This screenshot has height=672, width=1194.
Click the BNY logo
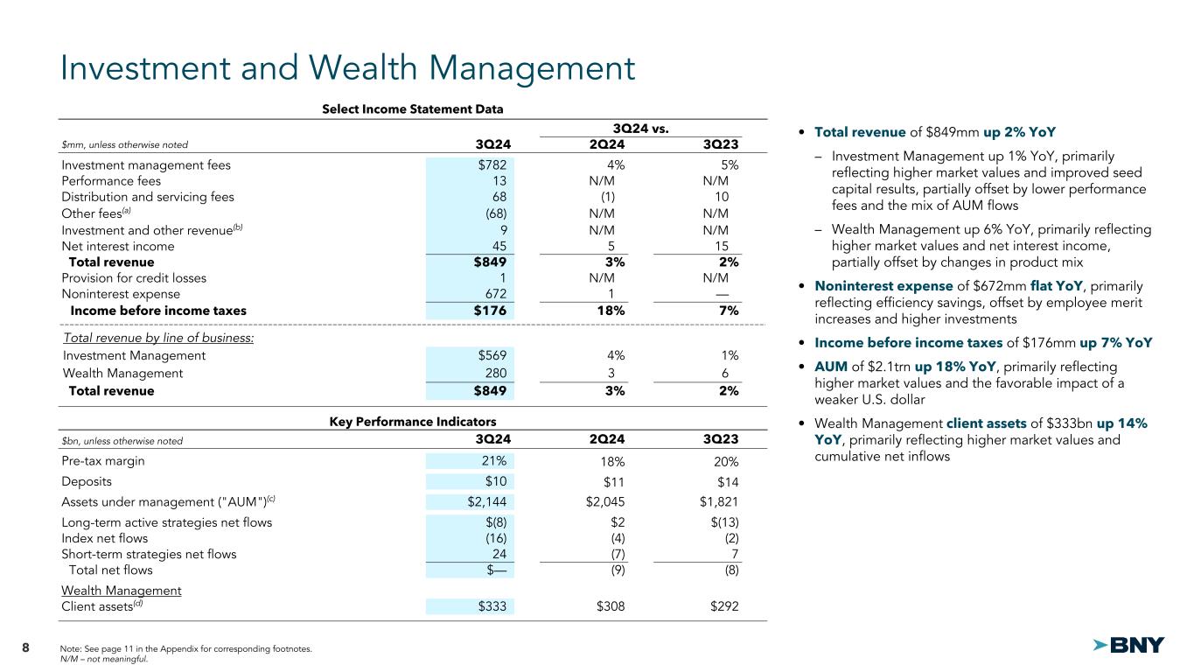point(1129,646)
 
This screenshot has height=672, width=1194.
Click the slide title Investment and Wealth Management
point(347,69)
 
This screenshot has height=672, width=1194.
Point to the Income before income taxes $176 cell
point(489,311)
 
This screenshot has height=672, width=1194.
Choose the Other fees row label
point(94,213)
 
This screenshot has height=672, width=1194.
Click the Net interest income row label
point(118,246)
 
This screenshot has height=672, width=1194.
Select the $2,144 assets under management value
point(483,500)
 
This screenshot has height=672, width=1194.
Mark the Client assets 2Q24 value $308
point(607,606)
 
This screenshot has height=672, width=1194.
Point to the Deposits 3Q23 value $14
point(724,481)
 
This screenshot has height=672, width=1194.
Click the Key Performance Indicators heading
point(412,421)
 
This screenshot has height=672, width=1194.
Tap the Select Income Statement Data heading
point(412,109)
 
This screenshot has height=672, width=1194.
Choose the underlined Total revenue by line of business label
point(158,338)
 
